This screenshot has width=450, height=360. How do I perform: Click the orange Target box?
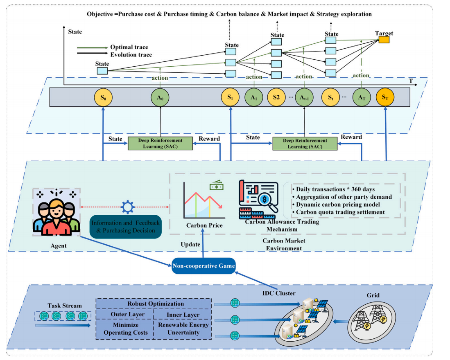pyautogui.click(x=384, y=40)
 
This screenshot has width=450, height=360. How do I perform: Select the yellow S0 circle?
pyautogui.click(x=103, y=97)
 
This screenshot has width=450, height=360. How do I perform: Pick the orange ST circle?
pyautogui.click(x=385, y=97)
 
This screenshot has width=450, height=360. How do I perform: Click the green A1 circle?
pyautogui.click(x=254, y=97)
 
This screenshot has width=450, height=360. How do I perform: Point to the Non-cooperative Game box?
pyautogui.click(x=204, y=266)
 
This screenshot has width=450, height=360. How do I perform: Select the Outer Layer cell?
pyautogui.click(x=124, y=315)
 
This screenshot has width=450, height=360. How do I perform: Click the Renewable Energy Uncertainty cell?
pyautogui.click(x=182, y=329)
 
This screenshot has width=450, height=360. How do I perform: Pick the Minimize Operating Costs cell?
pyautogui.click(x=124, y=329)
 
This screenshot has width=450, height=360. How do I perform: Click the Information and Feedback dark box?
pyautogui.click(x=126, y=226)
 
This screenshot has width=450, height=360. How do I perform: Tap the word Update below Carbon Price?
pyautogui.click(x=190, y=244)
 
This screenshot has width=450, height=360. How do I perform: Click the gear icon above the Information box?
pyautogui.click(x=128, y=207)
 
